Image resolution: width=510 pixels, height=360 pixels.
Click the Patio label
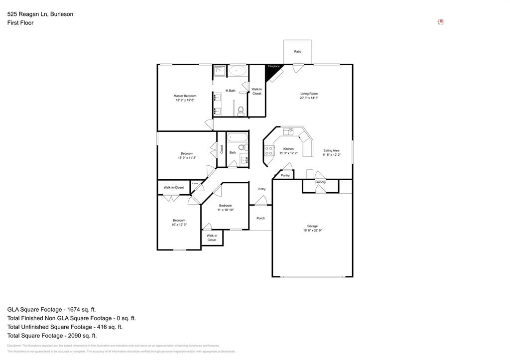click(297, 51)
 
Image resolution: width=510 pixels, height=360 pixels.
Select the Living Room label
click(309, 94)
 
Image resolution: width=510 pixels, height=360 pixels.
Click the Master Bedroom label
click(185, 96)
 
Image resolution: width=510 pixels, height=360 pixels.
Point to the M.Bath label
click(230, 91)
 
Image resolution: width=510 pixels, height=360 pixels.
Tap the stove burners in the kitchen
click(268, 150)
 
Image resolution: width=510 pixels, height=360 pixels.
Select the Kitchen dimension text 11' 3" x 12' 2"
click(288, 153)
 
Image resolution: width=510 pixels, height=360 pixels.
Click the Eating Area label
click(331, 150)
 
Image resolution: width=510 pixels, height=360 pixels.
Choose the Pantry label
click(285, 175)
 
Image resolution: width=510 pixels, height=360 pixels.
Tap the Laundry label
click(320, 182)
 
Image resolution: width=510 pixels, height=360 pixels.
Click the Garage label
click(312, 226)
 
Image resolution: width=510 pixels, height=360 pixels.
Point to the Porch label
click(260, 218)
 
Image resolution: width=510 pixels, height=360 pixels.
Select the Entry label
click(262, 189)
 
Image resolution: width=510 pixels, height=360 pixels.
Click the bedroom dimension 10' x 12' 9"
click(179, 225)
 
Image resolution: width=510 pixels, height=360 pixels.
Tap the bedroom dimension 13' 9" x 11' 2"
click(187, 158)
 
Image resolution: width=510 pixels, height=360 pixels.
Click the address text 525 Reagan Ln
click(27, 14)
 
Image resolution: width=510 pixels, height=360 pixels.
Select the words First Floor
click(20, 23)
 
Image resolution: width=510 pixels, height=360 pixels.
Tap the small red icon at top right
click(440, 22)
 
